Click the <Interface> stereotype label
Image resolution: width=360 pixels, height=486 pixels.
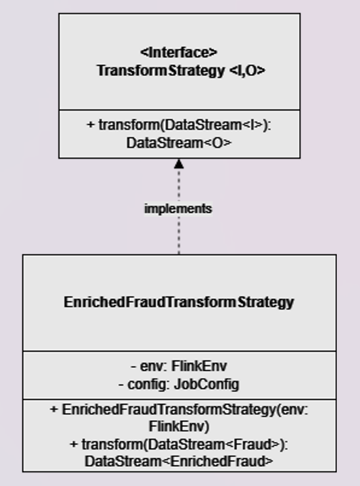coord(179,52)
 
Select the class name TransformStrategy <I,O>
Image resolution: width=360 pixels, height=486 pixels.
coord(179,70)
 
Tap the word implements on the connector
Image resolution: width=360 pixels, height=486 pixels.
coord(178,209)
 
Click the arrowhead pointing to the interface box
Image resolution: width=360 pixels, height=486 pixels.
coord(179,163)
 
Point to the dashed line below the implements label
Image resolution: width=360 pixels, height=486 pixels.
coord(179,235)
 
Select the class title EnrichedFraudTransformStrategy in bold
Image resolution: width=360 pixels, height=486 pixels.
coord(179,302)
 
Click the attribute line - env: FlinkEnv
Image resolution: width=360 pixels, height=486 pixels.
coord(179,366)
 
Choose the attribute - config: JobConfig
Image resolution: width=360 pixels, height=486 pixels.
coord(179,384)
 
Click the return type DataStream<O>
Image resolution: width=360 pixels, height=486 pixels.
coord(179,142)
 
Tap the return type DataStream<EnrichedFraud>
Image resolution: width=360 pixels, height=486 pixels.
coord(179,461)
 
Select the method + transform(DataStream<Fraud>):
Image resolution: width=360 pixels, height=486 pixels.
coord(179,444)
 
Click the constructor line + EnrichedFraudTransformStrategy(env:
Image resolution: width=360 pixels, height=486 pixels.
coord(179,410)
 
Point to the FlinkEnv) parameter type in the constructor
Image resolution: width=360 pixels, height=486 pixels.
coord(179,427)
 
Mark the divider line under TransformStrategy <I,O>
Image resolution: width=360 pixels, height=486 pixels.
coord(179,110)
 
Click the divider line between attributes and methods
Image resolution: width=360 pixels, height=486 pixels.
coord(179,399)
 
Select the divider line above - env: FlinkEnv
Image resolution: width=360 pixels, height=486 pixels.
coord(179,351)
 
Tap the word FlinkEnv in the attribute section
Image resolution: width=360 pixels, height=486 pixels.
coord(194,366)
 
